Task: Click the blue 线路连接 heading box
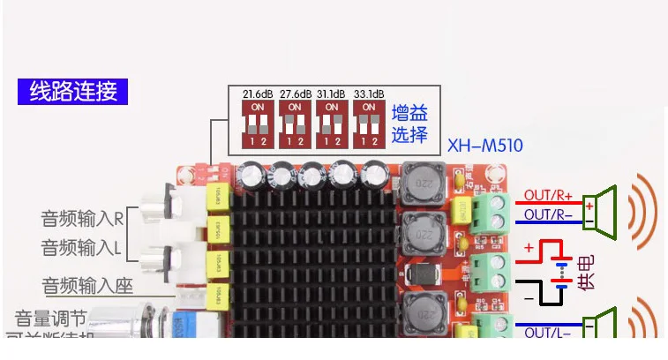(73, 91)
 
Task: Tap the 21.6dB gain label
(257, 94)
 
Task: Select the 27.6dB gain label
(296, 94)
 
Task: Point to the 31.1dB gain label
(332, 94)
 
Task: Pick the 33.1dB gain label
(369, 94)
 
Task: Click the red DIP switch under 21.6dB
(258, 122)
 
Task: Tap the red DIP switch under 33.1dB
(369, 122)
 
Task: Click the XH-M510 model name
(483, 144)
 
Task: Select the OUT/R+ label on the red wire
(548, 195)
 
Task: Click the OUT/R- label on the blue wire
(548, 214)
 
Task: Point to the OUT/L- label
(547, 333)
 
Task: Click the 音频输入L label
(81, 248)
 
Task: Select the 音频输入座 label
(85, 286)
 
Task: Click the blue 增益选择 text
(409, 123)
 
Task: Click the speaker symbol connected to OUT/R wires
(605, 206)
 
